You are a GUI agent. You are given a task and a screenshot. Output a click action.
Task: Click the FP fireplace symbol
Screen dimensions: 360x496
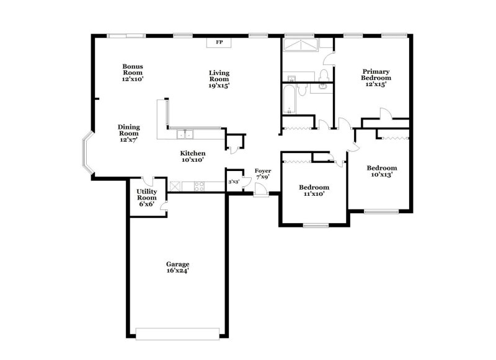[219, 42]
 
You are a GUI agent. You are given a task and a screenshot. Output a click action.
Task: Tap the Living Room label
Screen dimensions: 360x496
[219, 79]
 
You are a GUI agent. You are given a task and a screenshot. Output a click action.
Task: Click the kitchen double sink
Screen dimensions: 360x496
[184, 134]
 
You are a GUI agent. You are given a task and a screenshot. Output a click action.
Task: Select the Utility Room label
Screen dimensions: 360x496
[147, 197]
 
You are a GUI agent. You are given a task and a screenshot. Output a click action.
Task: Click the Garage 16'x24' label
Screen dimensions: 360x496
[177, 267]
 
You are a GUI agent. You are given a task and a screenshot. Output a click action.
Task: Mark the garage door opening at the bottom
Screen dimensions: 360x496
[177, 334]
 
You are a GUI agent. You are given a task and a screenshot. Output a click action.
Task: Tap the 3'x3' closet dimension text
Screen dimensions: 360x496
[234, 182]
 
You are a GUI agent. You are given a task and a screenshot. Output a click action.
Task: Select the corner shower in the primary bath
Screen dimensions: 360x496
[299, 47]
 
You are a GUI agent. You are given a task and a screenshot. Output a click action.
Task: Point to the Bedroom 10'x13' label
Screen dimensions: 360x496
[381, 171]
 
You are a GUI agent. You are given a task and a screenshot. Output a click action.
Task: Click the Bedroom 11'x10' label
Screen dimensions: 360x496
[314, 190]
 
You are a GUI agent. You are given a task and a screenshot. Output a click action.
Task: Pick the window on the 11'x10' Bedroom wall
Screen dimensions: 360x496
[316, 225]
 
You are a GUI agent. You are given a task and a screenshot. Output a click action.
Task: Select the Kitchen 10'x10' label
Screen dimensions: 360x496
[193, 156]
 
